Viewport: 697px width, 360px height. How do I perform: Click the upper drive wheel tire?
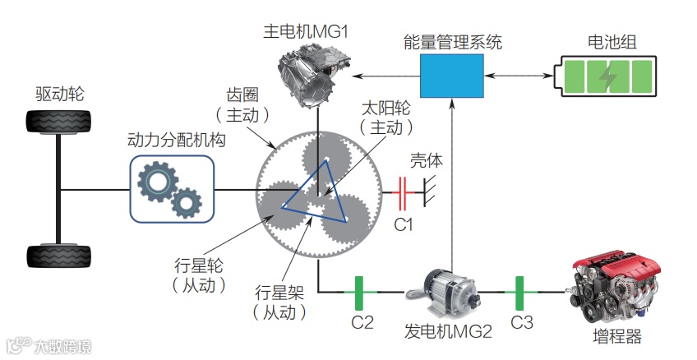point(58,128)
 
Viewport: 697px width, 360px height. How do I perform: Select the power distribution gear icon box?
point(171,190)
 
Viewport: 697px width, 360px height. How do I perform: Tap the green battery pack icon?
point(607,76)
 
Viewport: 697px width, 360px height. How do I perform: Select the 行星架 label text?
point(280,293)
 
